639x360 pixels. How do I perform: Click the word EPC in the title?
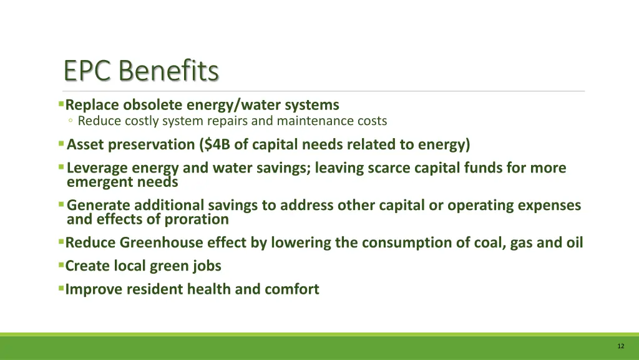(88, 71)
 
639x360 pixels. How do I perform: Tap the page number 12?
(620, 346)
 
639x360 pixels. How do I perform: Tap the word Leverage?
(98, 168)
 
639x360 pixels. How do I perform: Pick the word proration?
(197, 219)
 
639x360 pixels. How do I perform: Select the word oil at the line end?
(574, 242)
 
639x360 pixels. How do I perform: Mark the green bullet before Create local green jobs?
(61, 266)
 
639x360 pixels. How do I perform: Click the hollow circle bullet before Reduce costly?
(72, 121)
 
